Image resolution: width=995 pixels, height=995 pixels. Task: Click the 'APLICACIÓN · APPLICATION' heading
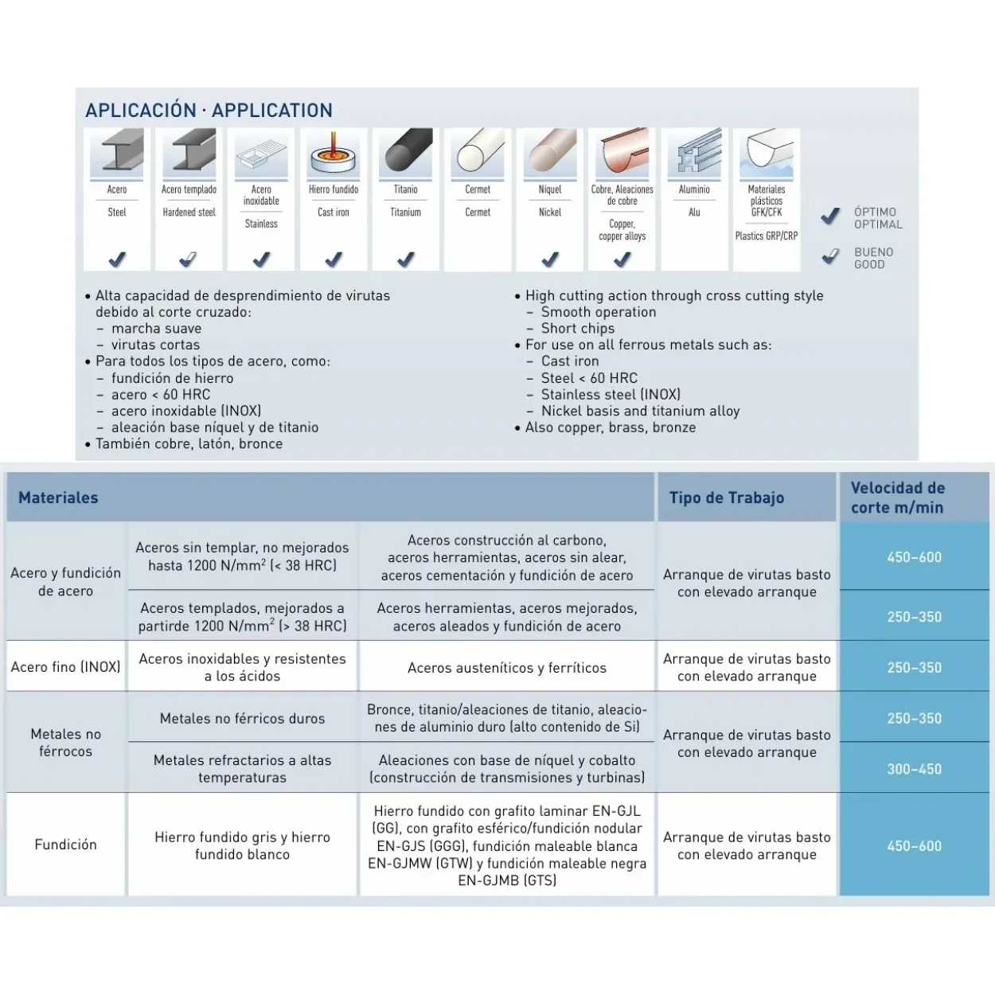pos(209,111)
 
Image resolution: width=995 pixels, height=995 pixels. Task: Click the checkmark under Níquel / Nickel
pos(550,259)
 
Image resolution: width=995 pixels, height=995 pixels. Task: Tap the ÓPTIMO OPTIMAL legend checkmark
pos(830,216)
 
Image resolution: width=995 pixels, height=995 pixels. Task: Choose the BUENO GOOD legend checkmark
pos(830,256)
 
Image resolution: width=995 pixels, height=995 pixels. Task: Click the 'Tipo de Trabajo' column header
pos(727,497)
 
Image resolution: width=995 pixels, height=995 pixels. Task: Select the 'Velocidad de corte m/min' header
pos(898,497)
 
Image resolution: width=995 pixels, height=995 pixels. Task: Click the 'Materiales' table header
pos(58,497)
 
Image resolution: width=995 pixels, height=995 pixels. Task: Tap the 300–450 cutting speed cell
pos(915,769)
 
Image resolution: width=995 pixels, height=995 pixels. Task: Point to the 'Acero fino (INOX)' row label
pos(65,667)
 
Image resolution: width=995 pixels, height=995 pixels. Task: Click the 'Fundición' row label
pos(65,845)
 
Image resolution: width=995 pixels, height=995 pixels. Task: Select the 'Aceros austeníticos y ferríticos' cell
pos(507,668)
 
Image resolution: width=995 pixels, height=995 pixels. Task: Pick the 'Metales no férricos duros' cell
pos(242,718)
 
